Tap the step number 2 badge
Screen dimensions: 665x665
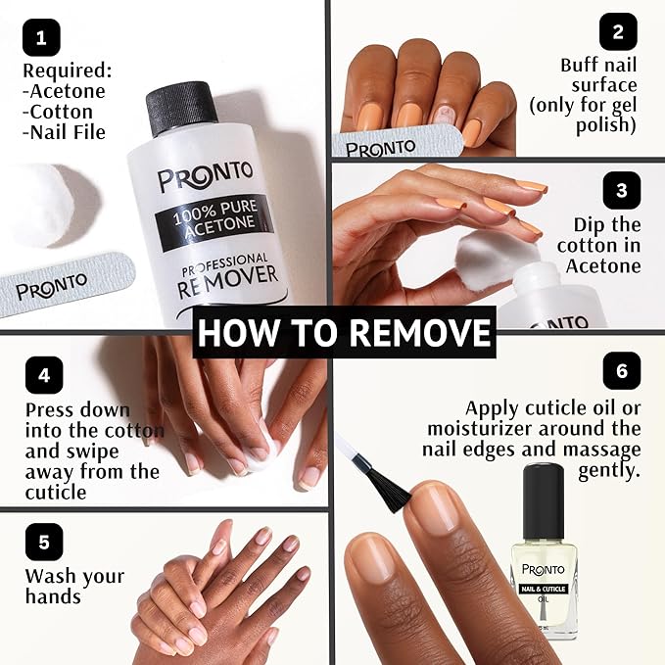tap(618, 31)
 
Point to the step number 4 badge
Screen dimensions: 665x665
tap(43, 374)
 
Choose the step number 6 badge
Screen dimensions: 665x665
tap(621, 371)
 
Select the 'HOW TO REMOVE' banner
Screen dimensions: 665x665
tap(343, 333)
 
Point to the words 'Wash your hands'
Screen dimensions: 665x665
tap(74, 586)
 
